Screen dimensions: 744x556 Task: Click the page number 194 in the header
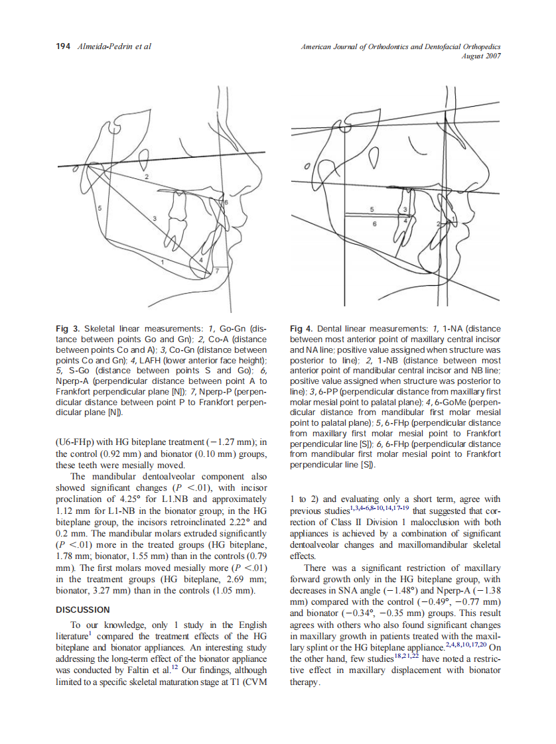[x=63, y=46]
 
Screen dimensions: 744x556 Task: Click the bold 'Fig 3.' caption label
[x=68, y=329]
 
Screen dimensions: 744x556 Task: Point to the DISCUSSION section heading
[x=83, y=609]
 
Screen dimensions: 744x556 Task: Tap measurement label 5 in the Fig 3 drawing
[x=100, y=209]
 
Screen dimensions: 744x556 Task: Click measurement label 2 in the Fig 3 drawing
[x=146, y=178]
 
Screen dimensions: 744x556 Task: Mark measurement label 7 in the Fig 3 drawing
[x=216, y=272]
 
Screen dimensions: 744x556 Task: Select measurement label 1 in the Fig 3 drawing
[x=161, y=263]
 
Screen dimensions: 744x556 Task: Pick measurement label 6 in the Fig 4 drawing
[x=374, y=224]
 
